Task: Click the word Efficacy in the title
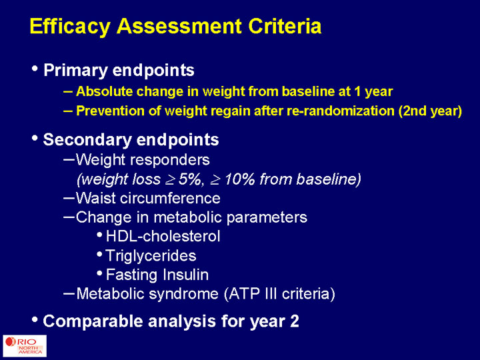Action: point(70,27)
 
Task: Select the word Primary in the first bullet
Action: point(75,71)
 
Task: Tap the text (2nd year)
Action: point(430,111)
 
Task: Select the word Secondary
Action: point(87,139)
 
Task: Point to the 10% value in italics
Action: point(240,179)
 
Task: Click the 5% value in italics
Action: point(190,179)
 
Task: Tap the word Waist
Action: point(96,198)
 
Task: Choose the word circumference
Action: point(170,198)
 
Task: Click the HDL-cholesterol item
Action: point(163,236)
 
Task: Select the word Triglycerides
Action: point(151,256)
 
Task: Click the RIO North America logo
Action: point(25,346)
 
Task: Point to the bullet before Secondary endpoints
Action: point(35,139)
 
